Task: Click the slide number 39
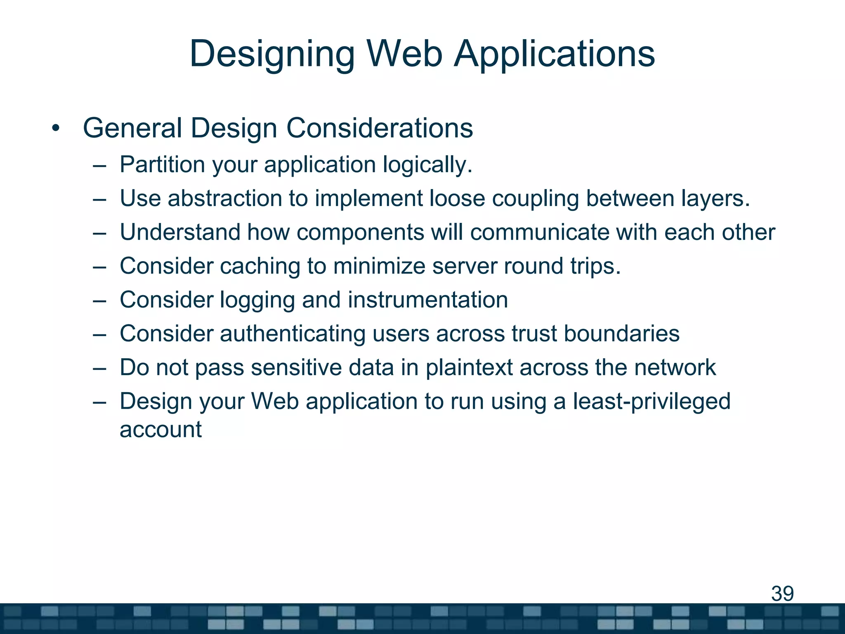[x=782, y=594]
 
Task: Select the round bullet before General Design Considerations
[x=56, y=128]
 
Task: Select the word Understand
[x=180, y=232]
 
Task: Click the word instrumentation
[x=427, y=300]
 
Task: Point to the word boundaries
[x=621, y=334]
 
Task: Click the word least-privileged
[x=651, y=402]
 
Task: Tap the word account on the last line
[x=161, y=430]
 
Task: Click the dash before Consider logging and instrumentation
[x=99, y=300]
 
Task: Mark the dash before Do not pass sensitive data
[x=99, y=368]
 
